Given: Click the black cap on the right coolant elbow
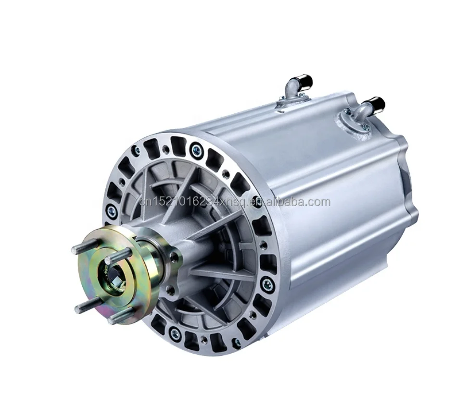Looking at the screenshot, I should [x=379, y=104].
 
